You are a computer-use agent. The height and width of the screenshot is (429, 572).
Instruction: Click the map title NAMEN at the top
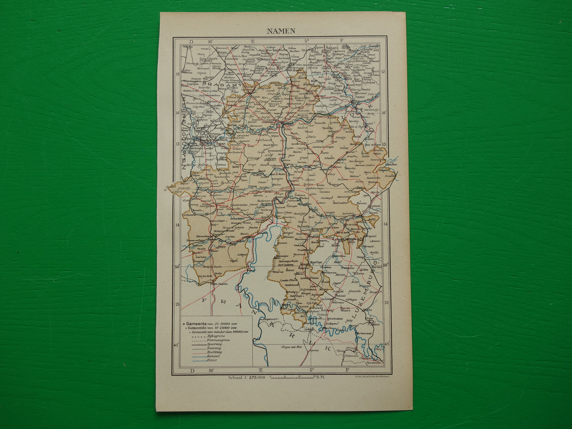point(280,31)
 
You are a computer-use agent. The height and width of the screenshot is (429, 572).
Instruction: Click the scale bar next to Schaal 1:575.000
point(293,377)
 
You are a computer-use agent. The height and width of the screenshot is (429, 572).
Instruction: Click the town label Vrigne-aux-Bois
point(291,347)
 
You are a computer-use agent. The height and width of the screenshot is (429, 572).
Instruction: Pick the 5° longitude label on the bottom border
point(312,370)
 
